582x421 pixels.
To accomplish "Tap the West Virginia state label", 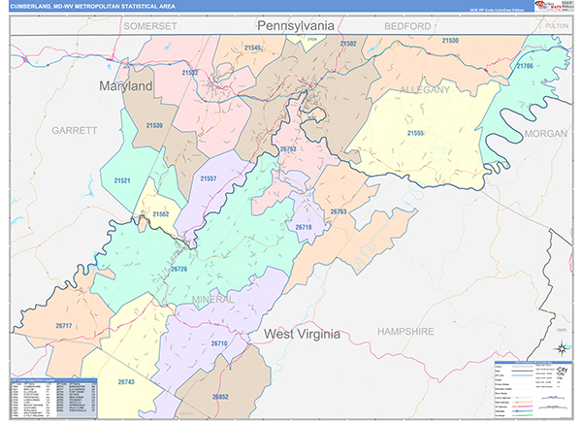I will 303,334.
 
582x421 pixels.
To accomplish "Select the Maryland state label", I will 126,86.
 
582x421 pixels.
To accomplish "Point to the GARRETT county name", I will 76,129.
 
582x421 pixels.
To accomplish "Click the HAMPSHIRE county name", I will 406,331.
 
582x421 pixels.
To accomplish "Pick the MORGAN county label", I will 545,133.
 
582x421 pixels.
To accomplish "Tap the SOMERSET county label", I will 150,25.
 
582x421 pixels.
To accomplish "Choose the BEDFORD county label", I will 405,25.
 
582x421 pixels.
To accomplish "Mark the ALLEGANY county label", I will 425,89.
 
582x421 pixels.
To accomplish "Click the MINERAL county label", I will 212,299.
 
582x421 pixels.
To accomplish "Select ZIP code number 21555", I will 416,132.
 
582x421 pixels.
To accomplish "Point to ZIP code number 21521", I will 122,180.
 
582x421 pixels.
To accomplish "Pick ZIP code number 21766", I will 525,65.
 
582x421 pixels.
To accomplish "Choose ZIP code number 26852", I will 220,397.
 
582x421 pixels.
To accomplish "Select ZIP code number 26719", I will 303,226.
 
